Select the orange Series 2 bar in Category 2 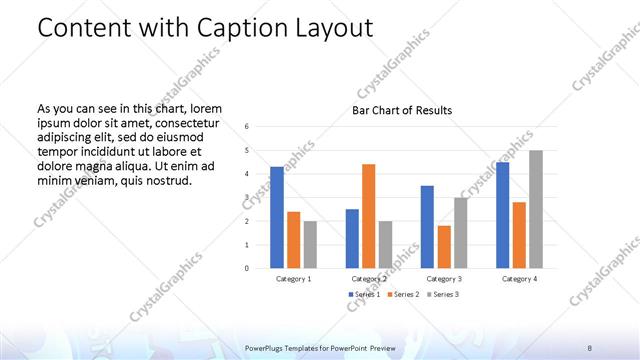(368, 216)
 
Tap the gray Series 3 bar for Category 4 (536, 209)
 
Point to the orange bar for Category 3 (444, 247)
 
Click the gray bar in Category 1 (310, 244)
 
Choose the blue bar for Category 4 (502, 215)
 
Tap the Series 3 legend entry (443, 294)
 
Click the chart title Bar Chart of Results (402, 110)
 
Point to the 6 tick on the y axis (247, 127)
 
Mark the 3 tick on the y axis (247, 197)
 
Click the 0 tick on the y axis (247, 268)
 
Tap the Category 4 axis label (520, 279)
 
